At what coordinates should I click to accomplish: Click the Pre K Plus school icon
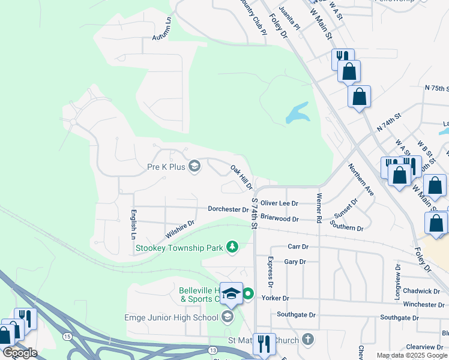tap(194, 166)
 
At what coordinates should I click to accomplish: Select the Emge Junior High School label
tap(170, 317)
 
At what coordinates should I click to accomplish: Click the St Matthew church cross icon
tap(308, 340)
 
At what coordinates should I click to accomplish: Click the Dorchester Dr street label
tap(228, 209)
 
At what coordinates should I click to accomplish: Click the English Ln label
tap(133, 224)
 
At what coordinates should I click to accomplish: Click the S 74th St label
tap(255, 214)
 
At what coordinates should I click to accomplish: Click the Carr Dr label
tap(298, 247)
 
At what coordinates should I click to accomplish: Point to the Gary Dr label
tap(295, 262)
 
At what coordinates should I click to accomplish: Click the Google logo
tap(20, 352)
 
